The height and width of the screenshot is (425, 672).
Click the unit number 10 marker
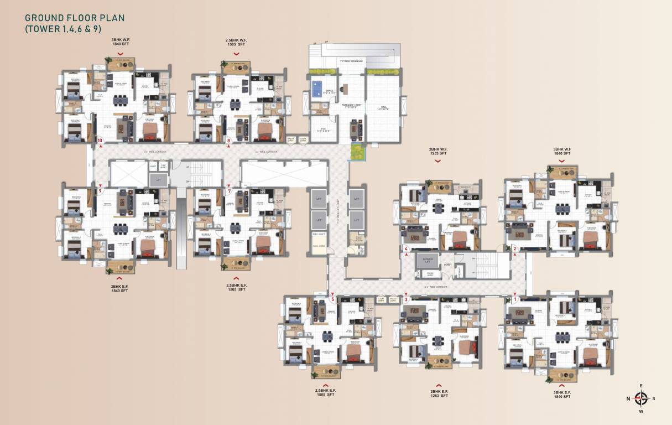coord(100,141)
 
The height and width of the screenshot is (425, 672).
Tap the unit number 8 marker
coord(229,141)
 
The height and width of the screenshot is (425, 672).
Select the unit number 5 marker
coord(333,299)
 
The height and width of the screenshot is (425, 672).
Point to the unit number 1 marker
coord(515,299)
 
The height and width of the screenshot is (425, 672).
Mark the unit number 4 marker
coord(407,249)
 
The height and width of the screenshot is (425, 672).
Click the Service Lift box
coord(427,260)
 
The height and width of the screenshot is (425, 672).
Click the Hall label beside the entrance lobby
coord(383,108)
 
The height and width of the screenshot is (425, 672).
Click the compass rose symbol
coord(641,398)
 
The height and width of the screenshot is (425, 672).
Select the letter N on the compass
coord(628,398)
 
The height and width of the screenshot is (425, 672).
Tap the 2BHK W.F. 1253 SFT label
coord(437,151)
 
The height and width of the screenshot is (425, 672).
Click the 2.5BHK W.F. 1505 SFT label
coord(236,42)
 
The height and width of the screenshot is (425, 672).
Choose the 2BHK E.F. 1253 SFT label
coord(438,393)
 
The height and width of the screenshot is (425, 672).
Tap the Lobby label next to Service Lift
coord(447,265)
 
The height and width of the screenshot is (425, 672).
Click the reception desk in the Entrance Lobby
coord(345,89)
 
